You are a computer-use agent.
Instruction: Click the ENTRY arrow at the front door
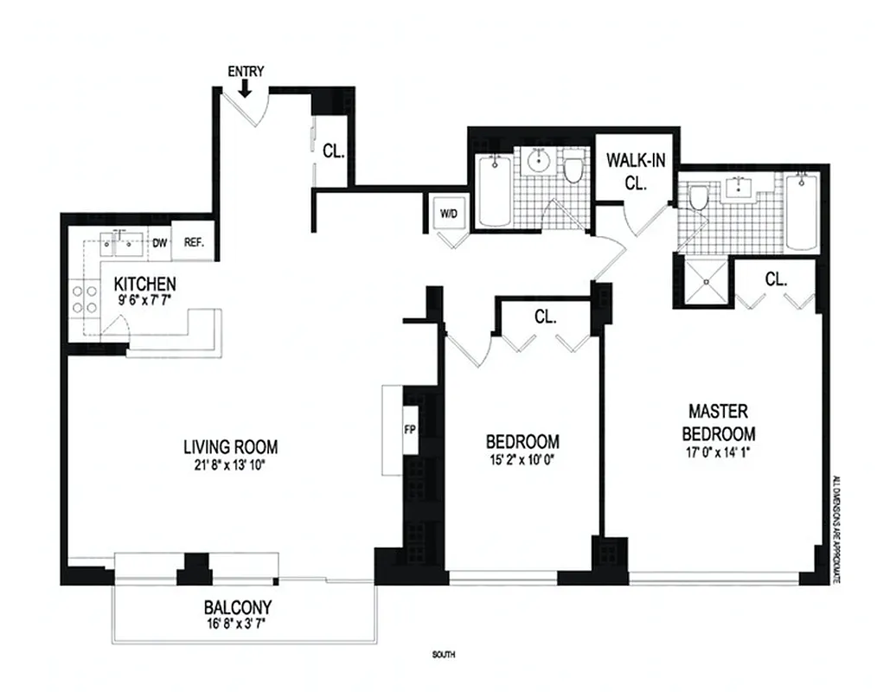coord(246,86)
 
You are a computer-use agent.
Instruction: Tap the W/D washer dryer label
coord(448,213)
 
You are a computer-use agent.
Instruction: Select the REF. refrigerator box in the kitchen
coord(193,243)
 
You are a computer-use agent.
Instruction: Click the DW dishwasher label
coord(159,243)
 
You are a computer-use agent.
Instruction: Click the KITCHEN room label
coord(145,284)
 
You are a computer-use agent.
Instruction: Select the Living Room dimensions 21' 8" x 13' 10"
coord(230,467)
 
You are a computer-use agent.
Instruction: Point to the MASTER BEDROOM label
coord(718,421)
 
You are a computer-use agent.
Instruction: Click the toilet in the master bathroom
coord(698,199)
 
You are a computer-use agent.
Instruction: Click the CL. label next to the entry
coord(333,151)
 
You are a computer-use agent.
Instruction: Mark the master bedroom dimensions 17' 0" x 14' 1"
coord(718,452)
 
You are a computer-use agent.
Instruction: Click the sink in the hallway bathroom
coord(538,160)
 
